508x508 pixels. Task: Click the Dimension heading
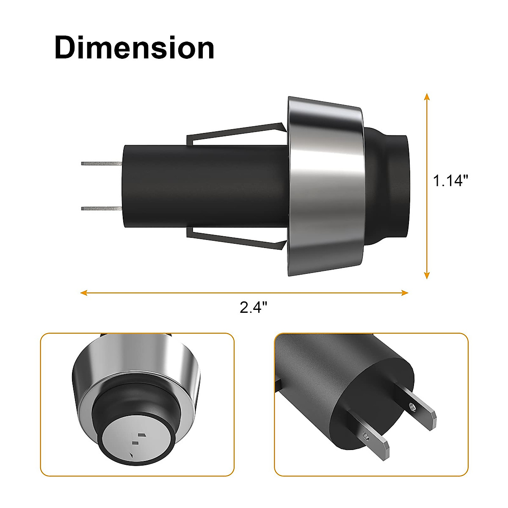coord(134,48)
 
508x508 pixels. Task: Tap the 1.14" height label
coord(450,181)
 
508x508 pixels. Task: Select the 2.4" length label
coord(254,307)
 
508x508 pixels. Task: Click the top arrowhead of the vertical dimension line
coord(427,96)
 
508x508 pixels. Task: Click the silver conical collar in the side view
coord(326,186)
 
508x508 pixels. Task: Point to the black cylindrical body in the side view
coord(203,186)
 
